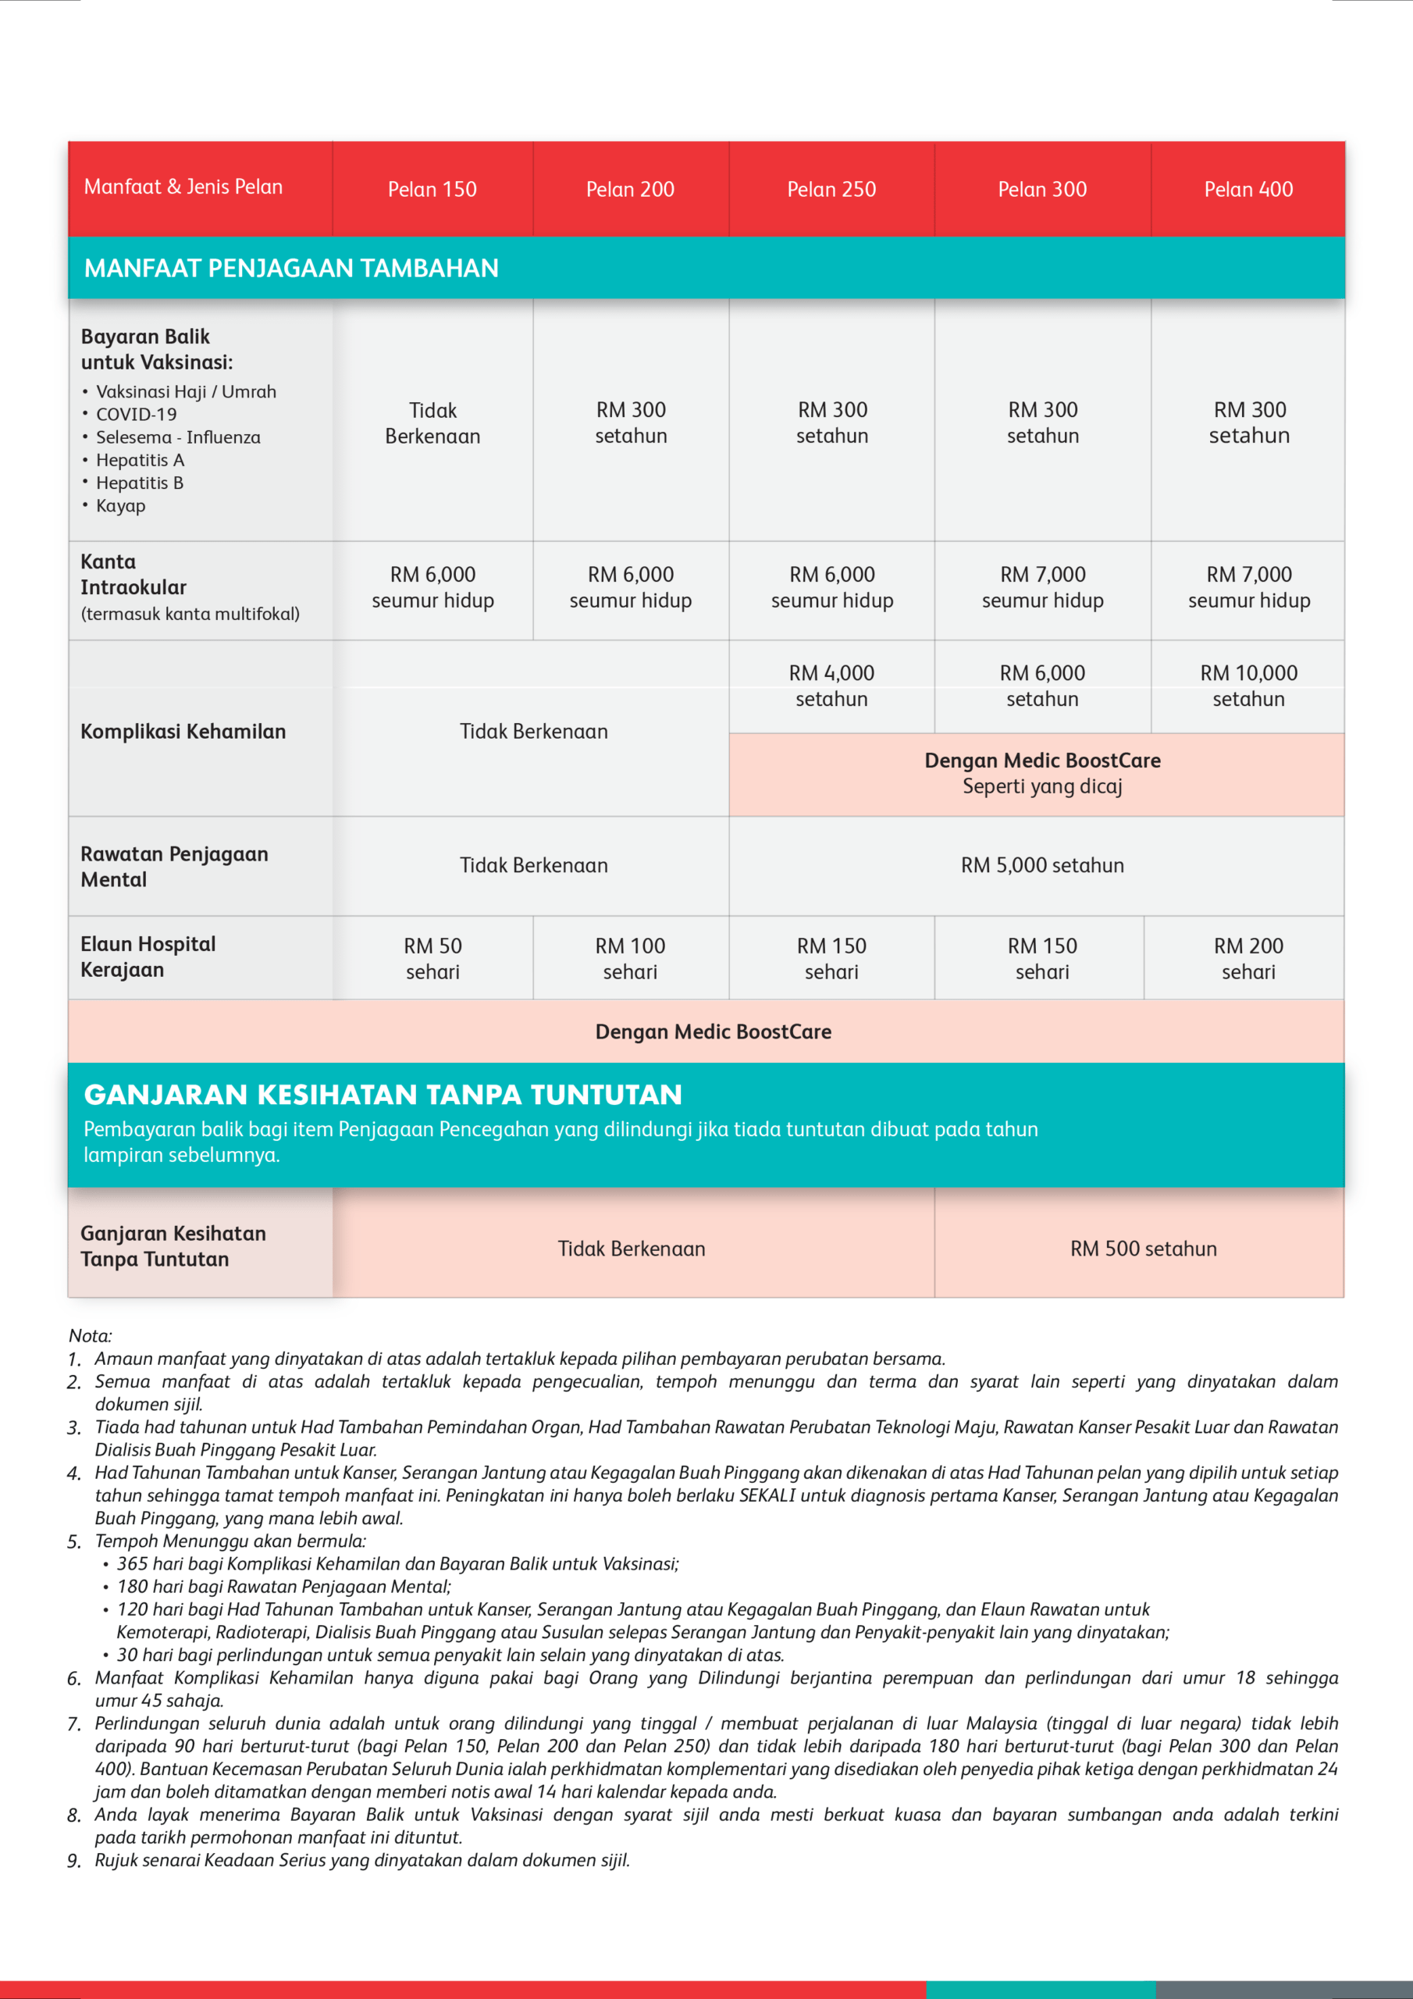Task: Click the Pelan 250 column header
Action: (x=831, y=189)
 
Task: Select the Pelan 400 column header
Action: (x=1247, y=189)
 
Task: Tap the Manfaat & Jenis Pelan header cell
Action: (x=183, y=187)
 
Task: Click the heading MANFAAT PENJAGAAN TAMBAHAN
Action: (x=290, y=268)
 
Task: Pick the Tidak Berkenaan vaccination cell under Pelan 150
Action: (x=432, y=423)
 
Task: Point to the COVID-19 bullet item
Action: (x=136, y=415)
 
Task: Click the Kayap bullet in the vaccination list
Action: (x=120, y=506)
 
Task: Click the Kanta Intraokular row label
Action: (x=133, y=575)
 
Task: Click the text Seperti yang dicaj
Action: (x=1042, y=786)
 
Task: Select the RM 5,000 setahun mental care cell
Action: (x=1042, y=864)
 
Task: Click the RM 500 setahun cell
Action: (x=1143, y=1249)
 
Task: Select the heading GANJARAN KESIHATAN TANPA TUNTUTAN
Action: (x=383, y=1095)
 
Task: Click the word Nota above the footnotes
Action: (x=90, y=1335)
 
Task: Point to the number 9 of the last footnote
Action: (x=73, y=1861)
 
